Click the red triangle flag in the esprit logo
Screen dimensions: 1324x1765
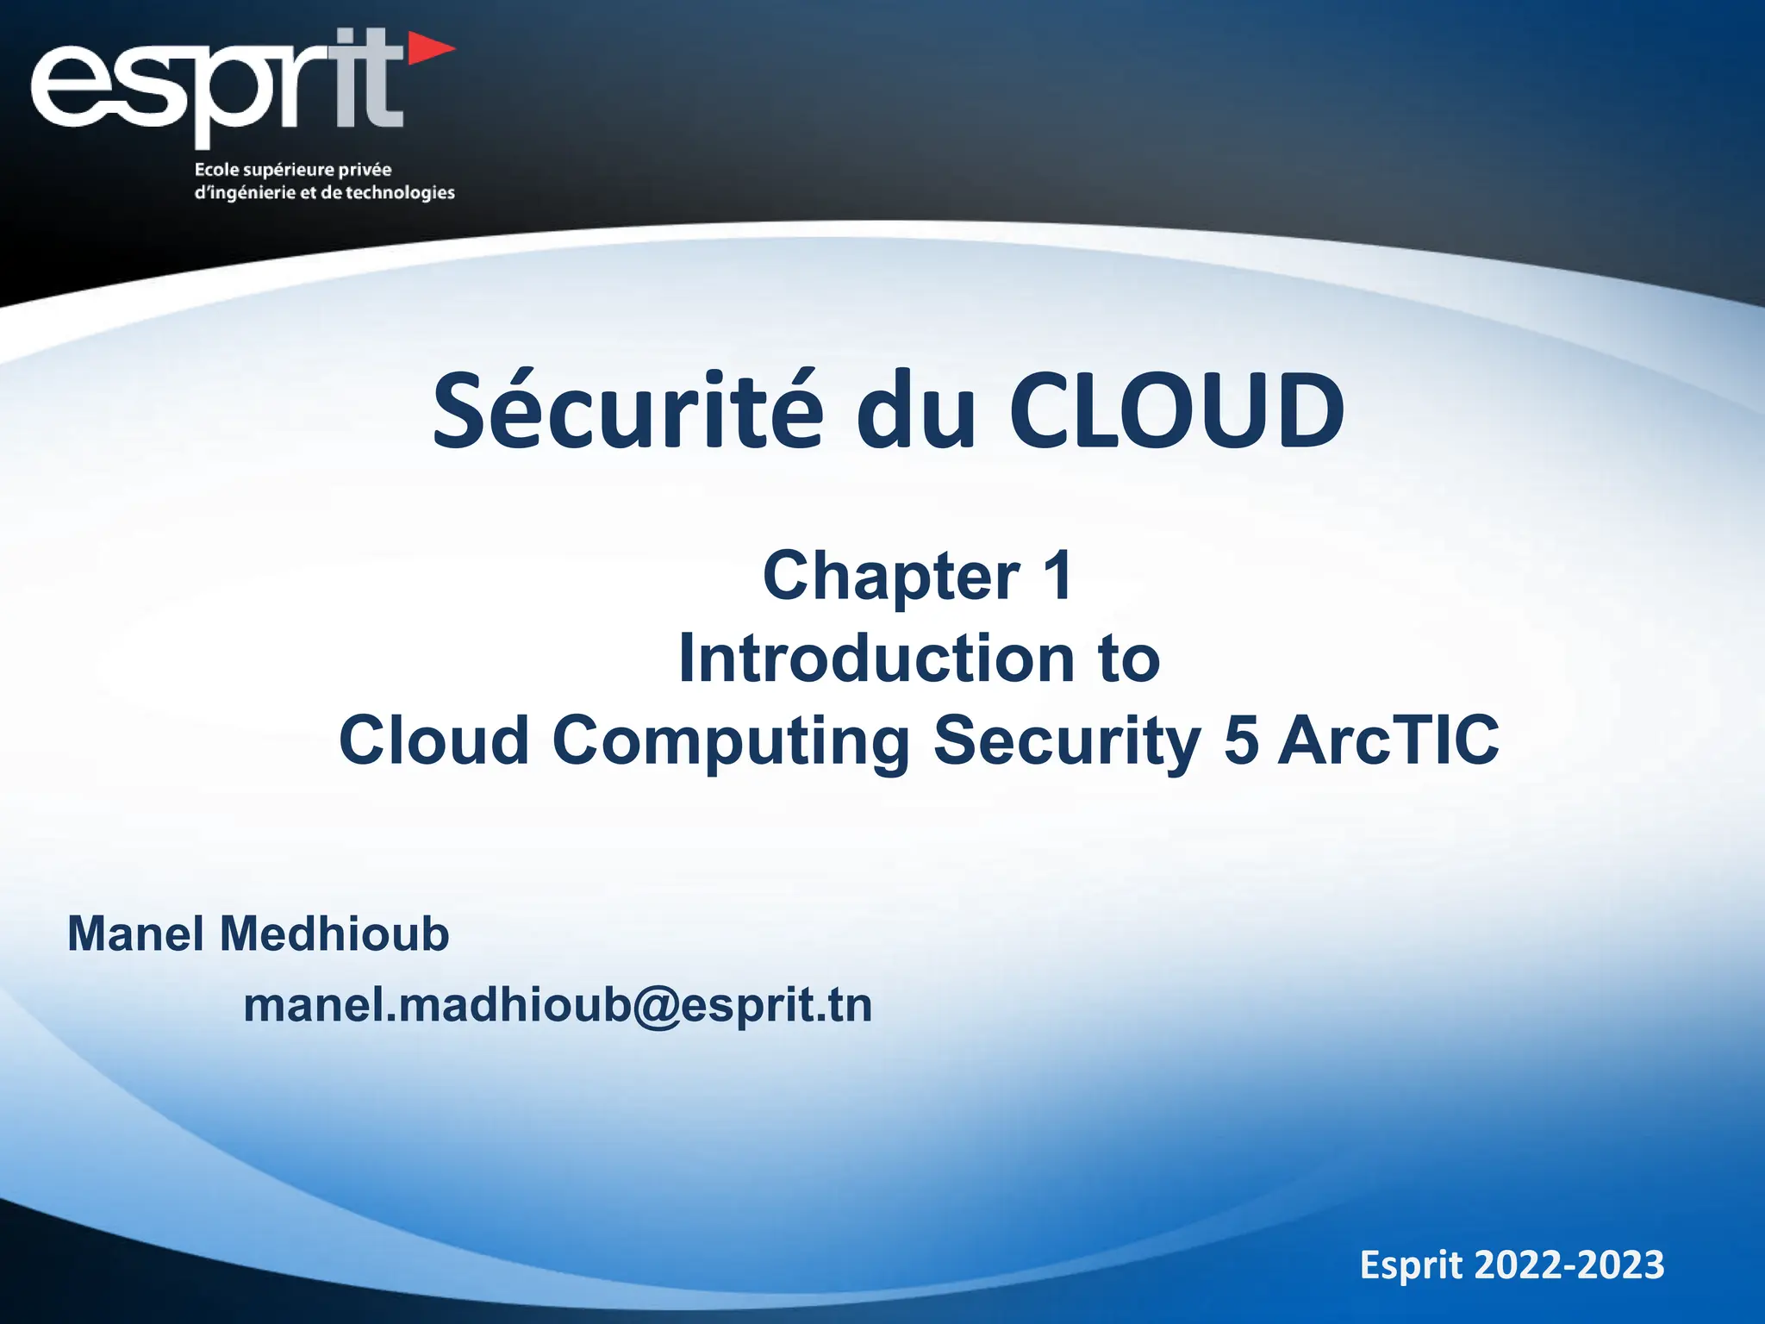(x=428, y=49)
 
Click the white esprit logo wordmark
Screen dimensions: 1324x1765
(x=215, y=86)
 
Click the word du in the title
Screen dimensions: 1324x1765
(x=916, y=412)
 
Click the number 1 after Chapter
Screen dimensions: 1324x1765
(x=1057, y=576)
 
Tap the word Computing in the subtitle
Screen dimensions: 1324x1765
(x=731, y=740)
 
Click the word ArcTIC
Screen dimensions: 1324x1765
(x=1388, y=740)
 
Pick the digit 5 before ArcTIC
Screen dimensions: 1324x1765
(x=1241, y=740)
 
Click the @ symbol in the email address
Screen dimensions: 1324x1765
(x=656, y=1006)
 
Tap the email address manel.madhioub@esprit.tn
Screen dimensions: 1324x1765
(x=558, y=1006)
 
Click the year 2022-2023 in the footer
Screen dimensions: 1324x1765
(x=1569, y=1265)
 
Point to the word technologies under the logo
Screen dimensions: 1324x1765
(x=400, y=192)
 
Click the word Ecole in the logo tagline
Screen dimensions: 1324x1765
(x=217, y=170)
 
